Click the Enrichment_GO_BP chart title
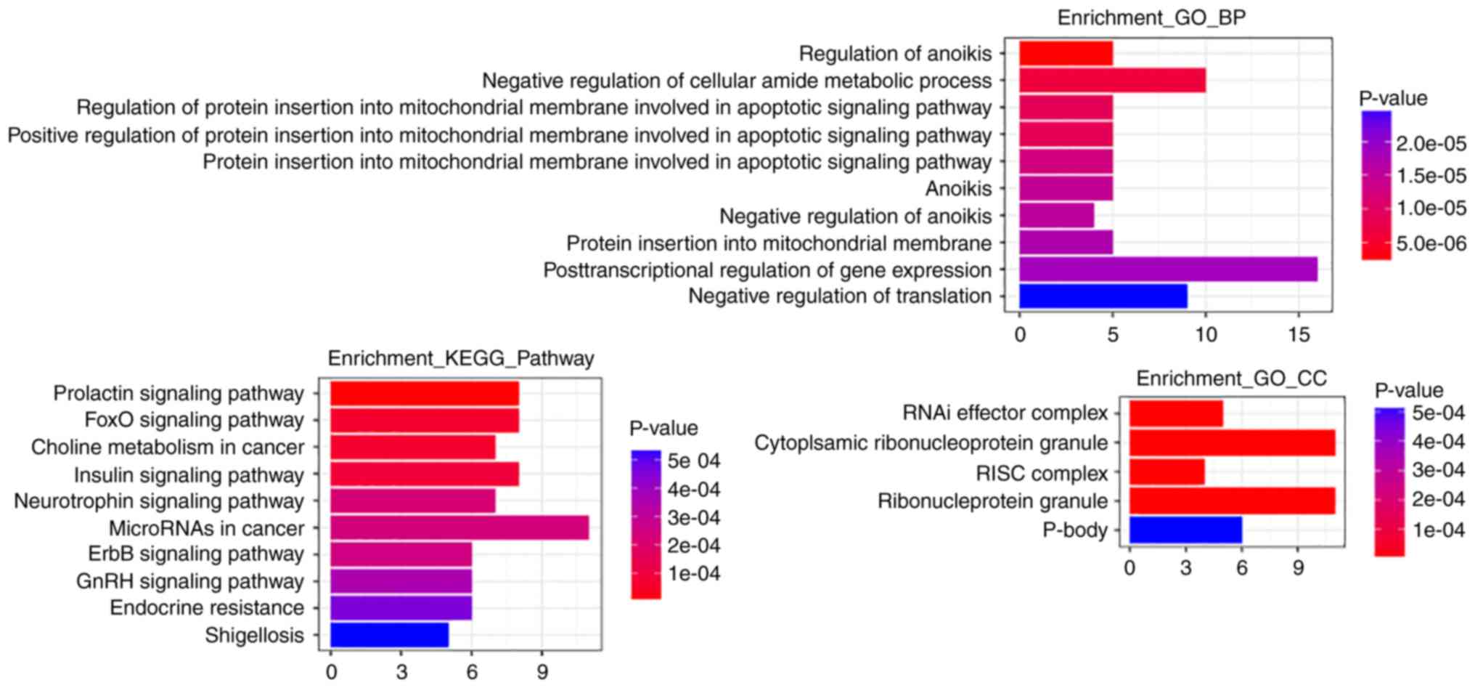click(x=1151, y=18)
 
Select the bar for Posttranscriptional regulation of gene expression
click(x=1167, y=270)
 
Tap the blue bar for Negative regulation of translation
click(x=1103, y=296)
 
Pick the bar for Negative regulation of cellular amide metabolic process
click(x=1112, y=80)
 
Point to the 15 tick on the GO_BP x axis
click(x=1299, y=335)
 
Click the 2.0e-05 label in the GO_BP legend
click(x=1431, y=144)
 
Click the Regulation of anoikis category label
click(x=895, y=54)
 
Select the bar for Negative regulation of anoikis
click(x=1056, y=216)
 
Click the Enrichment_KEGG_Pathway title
click(x=461, y=358)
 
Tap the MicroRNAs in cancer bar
click(x=459, y=528)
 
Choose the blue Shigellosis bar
click(x=389, y=635)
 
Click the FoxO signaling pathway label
click(x=194, y=420)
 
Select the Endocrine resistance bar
click(x=401, y=608)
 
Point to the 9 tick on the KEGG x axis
click(x=542, y=673)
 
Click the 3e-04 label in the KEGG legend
click(x=694, y=518)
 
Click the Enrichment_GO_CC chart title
click(x=1231, y=379)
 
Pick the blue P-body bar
click(x=1185, y=530)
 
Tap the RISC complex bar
click(x=1166, y=472)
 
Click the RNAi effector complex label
click(x=1005, y=413)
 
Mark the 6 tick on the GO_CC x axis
click(x=1242, y=569)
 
